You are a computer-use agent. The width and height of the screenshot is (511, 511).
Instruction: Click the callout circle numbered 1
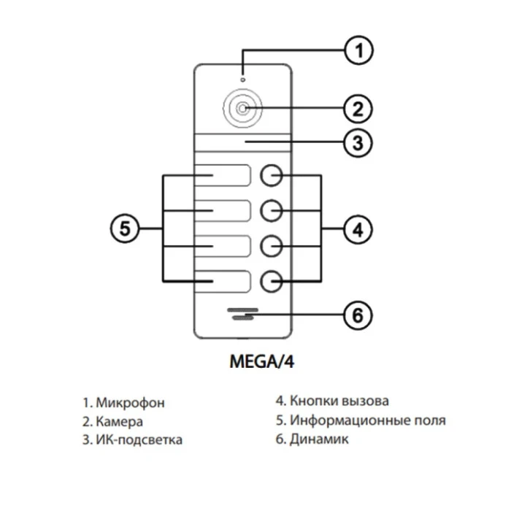pos(358,51)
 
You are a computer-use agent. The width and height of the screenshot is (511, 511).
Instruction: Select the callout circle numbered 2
pos(358,109)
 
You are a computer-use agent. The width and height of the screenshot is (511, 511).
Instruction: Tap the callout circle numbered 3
pos(358,142)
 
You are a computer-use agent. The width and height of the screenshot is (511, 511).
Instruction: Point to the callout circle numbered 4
pos(358,229)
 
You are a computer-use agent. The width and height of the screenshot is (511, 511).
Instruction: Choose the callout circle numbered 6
pos(358,316)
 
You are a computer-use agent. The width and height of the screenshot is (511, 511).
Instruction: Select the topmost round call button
pos(271,176)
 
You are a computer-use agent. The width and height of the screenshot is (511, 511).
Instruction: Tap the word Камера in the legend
pos(120,421)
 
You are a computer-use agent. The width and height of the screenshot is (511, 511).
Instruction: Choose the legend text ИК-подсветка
pos(139,439)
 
